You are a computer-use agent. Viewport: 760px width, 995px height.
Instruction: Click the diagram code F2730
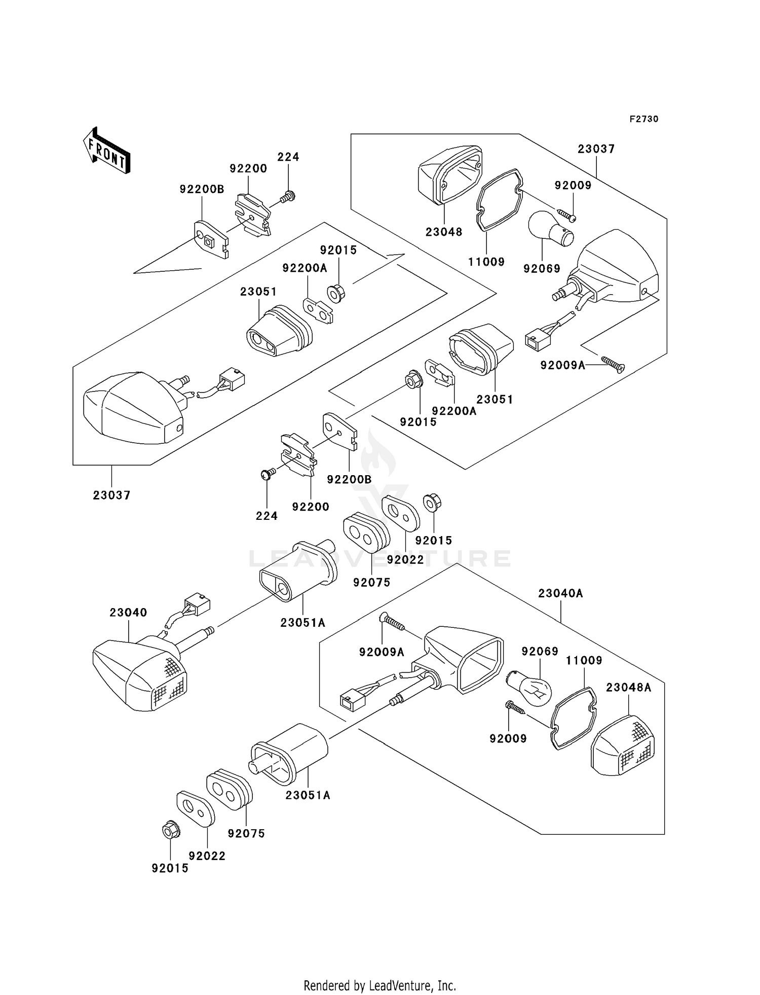643,119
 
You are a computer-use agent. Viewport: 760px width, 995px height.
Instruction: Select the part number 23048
444,232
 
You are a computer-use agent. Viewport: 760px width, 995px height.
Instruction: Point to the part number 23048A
629,688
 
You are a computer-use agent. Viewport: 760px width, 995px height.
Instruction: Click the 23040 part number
128,613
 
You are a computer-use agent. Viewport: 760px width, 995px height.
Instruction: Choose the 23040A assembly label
560,593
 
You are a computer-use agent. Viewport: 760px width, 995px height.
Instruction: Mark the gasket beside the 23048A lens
573,717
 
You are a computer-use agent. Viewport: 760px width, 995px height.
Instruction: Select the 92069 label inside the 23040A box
540,652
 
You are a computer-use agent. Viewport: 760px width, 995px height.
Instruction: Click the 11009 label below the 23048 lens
486,262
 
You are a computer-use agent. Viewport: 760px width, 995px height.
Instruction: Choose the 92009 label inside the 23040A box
508,739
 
